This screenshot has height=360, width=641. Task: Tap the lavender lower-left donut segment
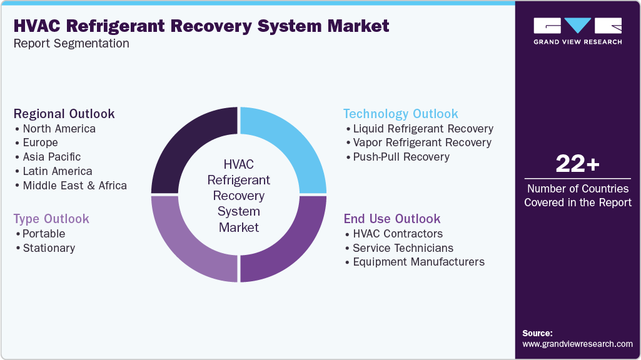[188, 244]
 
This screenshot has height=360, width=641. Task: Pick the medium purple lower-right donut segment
[289, 244]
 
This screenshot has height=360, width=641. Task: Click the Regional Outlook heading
[64, 114]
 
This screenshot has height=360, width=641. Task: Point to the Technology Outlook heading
[400, 114]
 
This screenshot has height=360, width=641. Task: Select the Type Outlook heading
[51, 219]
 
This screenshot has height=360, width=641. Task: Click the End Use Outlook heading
[391, 219]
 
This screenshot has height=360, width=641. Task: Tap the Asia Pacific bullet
[51, 157]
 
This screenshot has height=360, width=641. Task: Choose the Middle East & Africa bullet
[74, 186]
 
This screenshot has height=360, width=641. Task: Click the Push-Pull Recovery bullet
[401, 157]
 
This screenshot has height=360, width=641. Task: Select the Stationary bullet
[49, 248]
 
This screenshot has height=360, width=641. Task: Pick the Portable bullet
[44, 234]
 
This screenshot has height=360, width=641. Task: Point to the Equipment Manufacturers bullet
[418, 262]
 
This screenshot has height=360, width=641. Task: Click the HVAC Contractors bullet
[398, 234]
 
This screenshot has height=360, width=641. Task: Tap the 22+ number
[577, 164]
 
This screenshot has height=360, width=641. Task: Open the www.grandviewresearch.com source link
[577, 344]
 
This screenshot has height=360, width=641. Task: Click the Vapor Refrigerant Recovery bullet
[422, 142]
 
